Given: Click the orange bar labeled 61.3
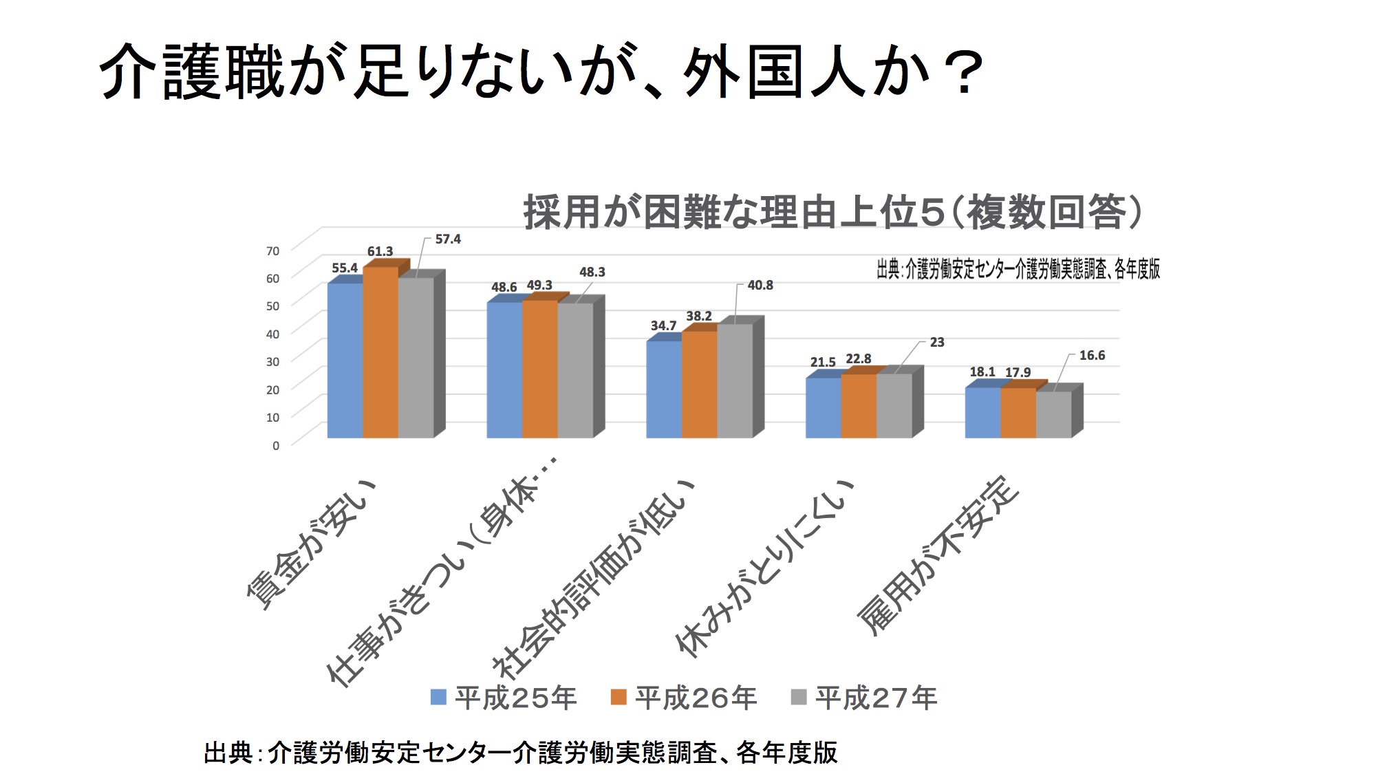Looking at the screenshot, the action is pyautogui.click(x=380, y=352).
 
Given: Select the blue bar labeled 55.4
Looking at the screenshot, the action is pyautogui.click(x=345, y=361).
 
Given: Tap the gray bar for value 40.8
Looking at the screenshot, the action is pyautogui.click(x=735, y=381).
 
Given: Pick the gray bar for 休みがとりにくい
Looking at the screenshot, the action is pyautogui.click(x=894, y=406).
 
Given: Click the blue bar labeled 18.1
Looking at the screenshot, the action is pyautogui.click(x=982, y=413).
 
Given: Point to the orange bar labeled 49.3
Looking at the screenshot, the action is pyautogui.click(x=540, y=369).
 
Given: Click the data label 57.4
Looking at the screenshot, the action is pyautogui.click(x=448, y=239).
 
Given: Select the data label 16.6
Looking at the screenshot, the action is pyautogui.click(x=1092, y=356).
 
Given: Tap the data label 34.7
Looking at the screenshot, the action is pyautogui.click(x=663, y=326).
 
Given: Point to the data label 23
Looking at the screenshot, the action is pyautogui.click(x=937, y=343).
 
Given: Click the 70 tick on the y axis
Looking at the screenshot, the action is pyautogui.click(x=273, y=251).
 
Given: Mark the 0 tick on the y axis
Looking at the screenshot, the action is pyautogui.click(x=276, y=446).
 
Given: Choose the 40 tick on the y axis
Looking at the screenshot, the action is pyautogui.click(x=273, y=334).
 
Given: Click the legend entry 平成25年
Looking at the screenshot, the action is pyautogui.click(x=504, y=698).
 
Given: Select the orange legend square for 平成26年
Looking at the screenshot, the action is pyautogui.click(x=619, y=698).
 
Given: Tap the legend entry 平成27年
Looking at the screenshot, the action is pyautogui.click(x=864, y=698).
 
